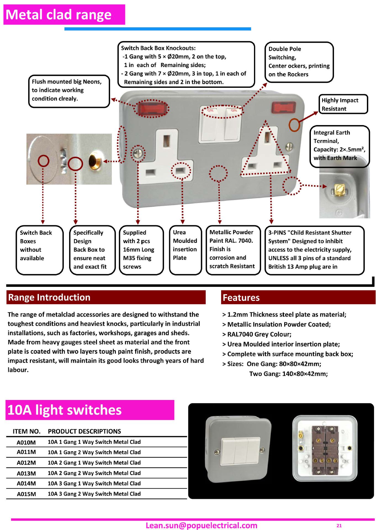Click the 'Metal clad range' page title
[x=59, y=15]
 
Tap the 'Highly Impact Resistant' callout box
[x=343, y=104]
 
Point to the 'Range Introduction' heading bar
[x=106, y=297]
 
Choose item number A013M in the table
[x=26, y=473]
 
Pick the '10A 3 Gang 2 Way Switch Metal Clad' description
[x=94, y=494]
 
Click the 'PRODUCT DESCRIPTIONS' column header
[x=84, y=431]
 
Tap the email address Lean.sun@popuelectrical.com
[x=201, y=525]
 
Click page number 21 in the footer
[x=339, y=526]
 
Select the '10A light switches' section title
[x=65, y=410]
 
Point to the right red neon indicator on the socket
[x=284, y=107]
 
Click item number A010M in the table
[x=26, y=442]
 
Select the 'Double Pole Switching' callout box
[x=299, y=62]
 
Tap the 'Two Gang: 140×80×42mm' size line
[x=288, y=374]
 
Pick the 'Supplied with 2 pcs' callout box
[x=141, y=250]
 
